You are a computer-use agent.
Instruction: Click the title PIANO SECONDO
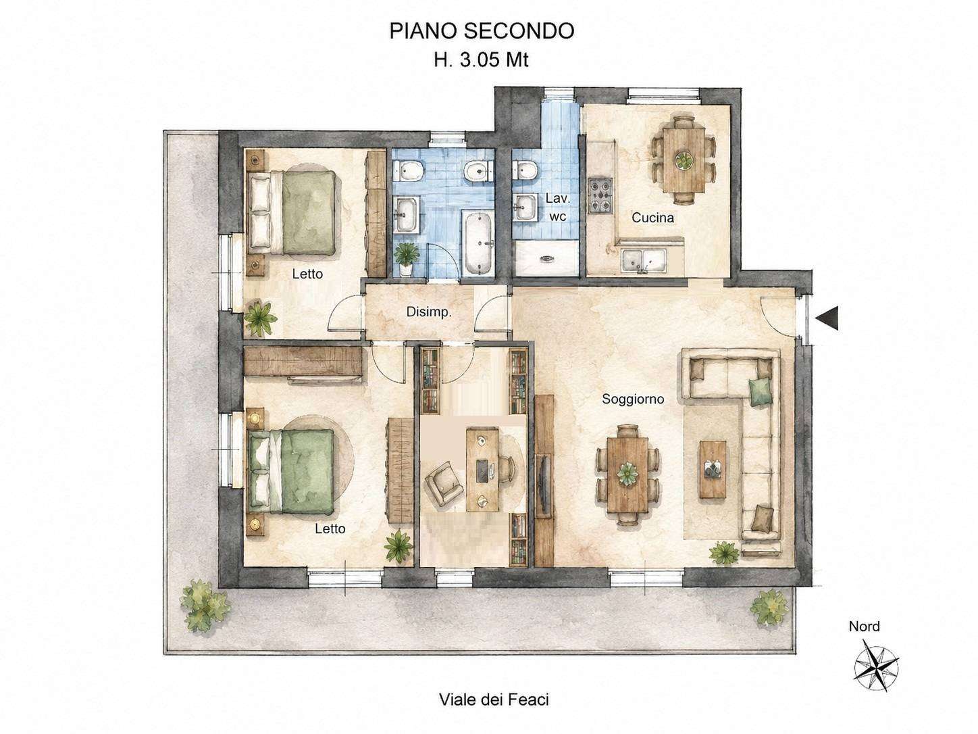[x=481, y=31]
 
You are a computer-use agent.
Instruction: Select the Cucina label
[x=652, y=218]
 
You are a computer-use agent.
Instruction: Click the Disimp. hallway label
[x=429, y=312]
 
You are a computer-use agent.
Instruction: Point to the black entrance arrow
[x=827, y=318]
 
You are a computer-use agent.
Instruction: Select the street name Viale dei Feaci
[x=494, y=700]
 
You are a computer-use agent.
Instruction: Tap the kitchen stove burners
[x=600, y=195]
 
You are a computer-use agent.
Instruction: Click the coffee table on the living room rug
[x=713, y=469]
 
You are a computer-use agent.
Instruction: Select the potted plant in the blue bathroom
[x=406, y=259]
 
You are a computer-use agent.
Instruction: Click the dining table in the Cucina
[x=684, y=160]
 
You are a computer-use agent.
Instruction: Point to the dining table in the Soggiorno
[x=627, y=474]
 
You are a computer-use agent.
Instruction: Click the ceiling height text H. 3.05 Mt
[x=481, y=59]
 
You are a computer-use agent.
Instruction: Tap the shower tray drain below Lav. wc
[x=546, y=258]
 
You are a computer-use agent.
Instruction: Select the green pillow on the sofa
[x=759, y=391]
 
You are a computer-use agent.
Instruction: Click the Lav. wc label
[x=557, y=207]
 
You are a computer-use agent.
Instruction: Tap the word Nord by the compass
[x=864, y=627]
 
